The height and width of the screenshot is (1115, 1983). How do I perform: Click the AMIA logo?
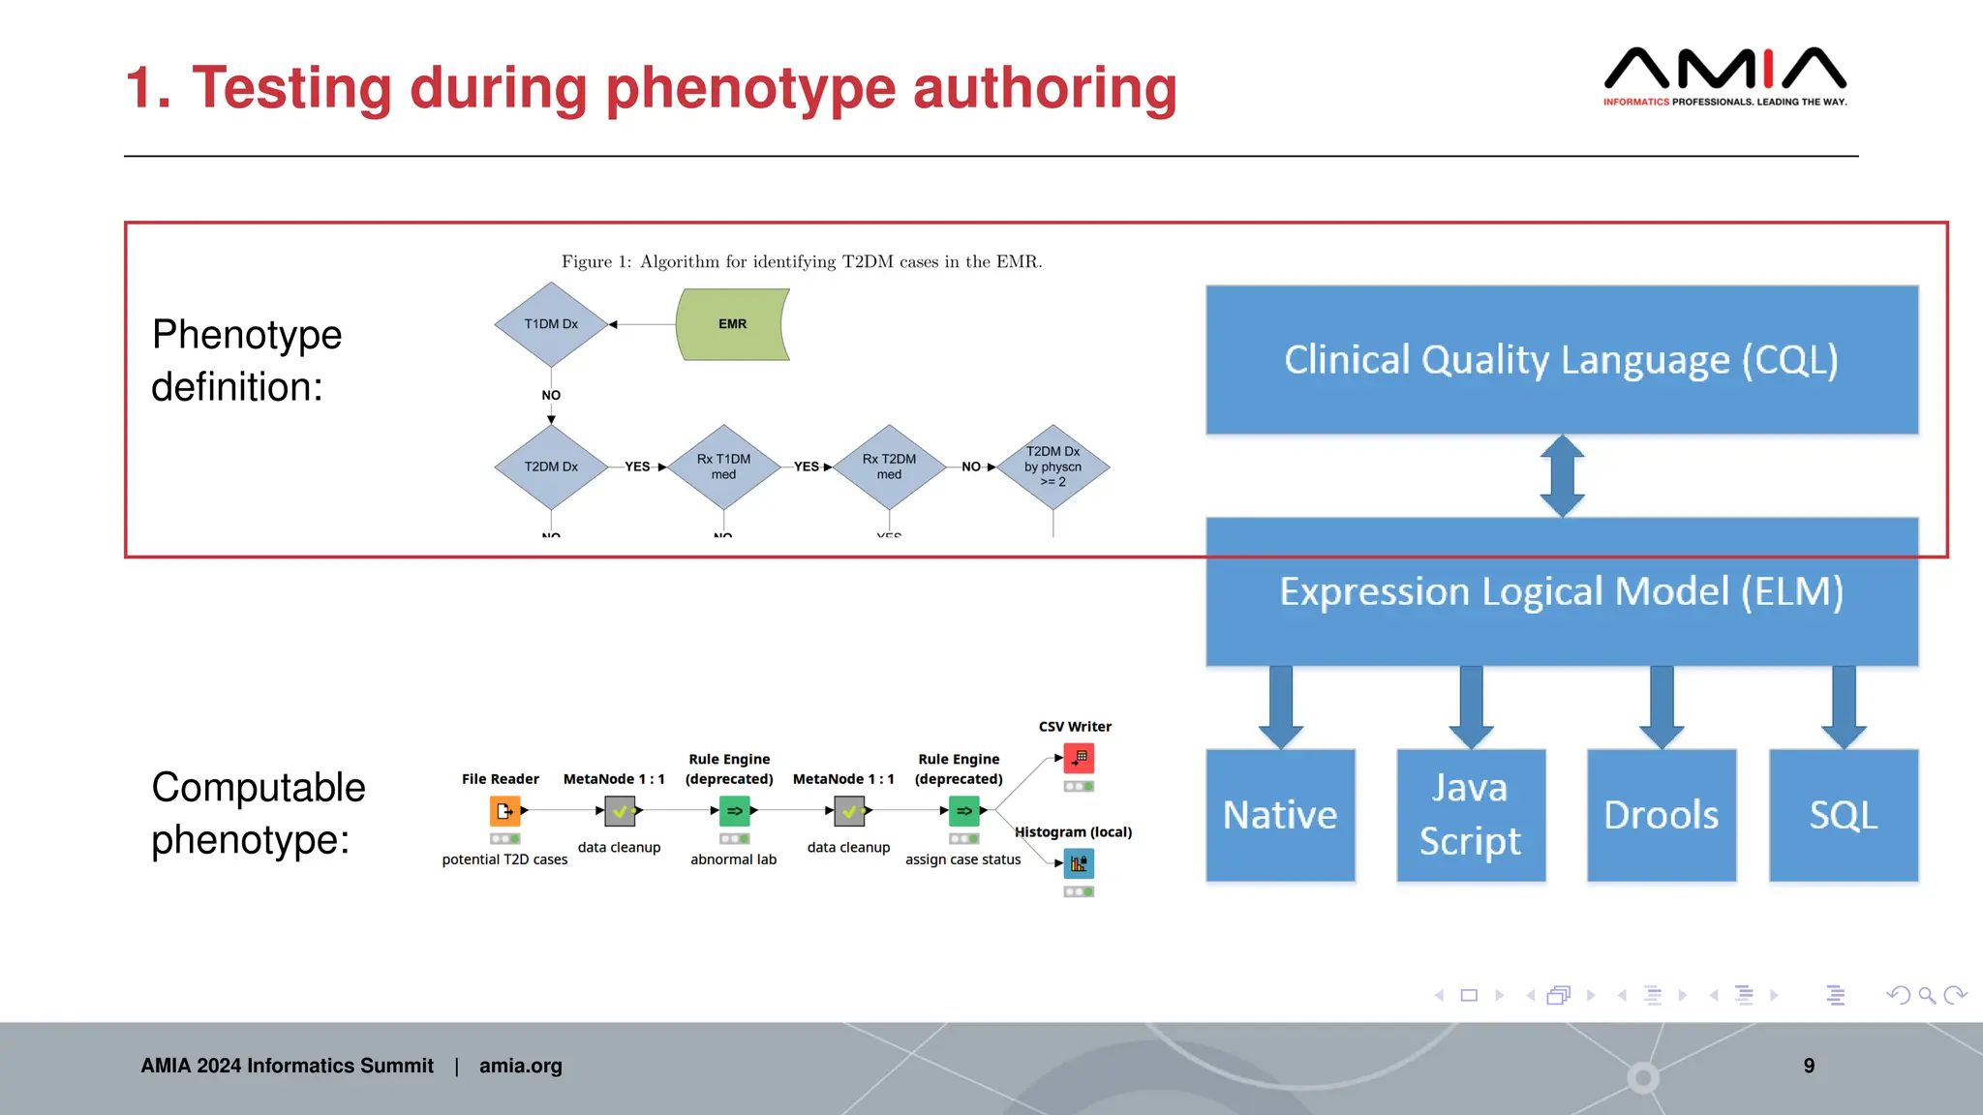pos(1724,75)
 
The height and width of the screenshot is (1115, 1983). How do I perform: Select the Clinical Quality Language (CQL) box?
pos(1561,360)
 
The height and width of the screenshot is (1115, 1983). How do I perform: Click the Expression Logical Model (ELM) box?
pos(1561,591)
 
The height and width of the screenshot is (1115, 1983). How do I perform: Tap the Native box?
pos(1280,815)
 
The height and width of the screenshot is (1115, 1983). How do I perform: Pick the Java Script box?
pos(1470,815)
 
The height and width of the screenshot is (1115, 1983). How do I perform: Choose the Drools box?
pos(1661,815)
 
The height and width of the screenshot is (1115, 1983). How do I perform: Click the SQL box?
pos(1843,815)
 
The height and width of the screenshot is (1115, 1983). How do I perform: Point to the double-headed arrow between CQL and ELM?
pos(1562,476)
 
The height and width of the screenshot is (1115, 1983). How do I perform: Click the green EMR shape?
pos(733,324)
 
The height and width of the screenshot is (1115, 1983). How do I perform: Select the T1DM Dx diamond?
pos(551,324)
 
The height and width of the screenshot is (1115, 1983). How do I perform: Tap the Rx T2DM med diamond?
pos(889,467)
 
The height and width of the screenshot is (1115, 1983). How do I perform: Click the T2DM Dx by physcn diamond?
pos(1053,467)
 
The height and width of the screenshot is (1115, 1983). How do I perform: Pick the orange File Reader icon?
pos(504,811)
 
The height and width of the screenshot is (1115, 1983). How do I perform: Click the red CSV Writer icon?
pos(1079,758)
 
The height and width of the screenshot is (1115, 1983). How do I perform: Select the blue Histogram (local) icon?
pos(1079,863)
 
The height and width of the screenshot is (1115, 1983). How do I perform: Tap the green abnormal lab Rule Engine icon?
pos(734,811)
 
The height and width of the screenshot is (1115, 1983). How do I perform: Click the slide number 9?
pos(1809,1066)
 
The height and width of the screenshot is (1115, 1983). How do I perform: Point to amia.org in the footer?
pos(520,1066)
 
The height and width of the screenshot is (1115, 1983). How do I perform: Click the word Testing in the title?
pos(292,88)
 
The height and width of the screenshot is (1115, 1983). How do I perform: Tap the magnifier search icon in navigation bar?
pos(1927,995)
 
